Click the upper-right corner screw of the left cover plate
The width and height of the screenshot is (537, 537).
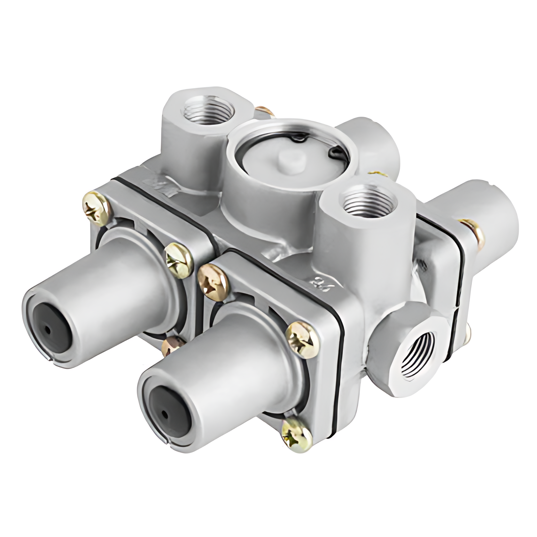pyautogui.click(x=179, y=258)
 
